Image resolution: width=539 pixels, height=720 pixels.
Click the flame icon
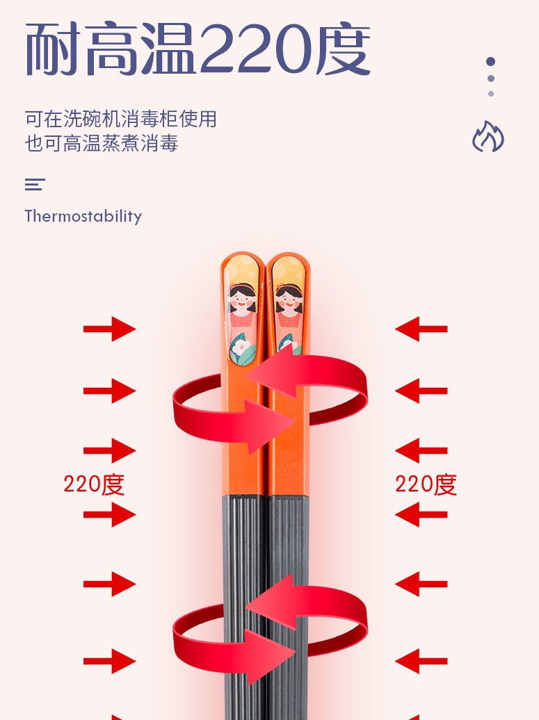coord(488,137)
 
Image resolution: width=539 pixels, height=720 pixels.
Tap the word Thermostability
coord(83,216)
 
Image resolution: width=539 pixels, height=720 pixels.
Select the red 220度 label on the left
coord(94,484)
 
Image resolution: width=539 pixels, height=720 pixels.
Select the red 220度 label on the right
coord(426,484)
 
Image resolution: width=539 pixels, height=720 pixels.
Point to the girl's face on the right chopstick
coord(289,302)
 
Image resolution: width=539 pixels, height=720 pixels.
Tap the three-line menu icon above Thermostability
coord(35,185)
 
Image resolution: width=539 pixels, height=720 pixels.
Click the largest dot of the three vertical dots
coord(491,62)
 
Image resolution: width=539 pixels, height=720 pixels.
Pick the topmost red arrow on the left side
coord(110,329)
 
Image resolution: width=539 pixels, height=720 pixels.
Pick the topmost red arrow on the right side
coord(421,329)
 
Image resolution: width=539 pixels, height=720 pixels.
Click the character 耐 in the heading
coord(55,50)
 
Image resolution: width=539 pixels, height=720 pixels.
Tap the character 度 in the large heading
coord(343,50)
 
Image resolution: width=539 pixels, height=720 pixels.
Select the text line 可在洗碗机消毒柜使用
coord(120,119)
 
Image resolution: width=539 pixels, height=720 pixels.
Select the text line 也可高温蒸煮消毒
coord(102,143)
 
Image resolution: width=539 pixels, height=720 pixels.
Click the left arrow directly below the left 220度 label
coord(110,515)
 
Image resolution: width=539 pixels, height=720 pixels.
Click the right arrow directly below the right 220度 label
coord(421,515)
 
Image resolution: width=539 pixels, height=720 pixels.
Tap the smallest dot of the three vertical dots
coord(491,94)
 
